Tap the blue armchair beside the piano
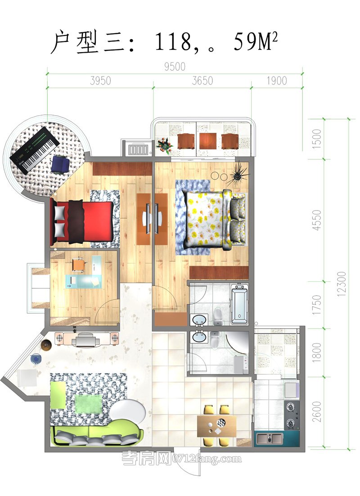60,164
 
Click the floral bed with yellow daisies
216,219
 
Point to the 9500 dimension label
175,67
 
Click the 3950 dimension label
100,81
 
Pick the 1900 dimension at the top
276,81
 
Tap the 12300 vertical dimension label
342,284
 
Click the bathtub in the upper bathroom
239,304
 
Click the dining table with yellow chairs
217,426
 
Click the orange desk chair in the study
79,265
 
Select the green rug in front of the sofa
88,404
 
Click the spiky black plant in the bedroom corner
238,173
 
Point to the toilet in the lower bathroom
215,338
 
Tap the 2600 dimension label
316,411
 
